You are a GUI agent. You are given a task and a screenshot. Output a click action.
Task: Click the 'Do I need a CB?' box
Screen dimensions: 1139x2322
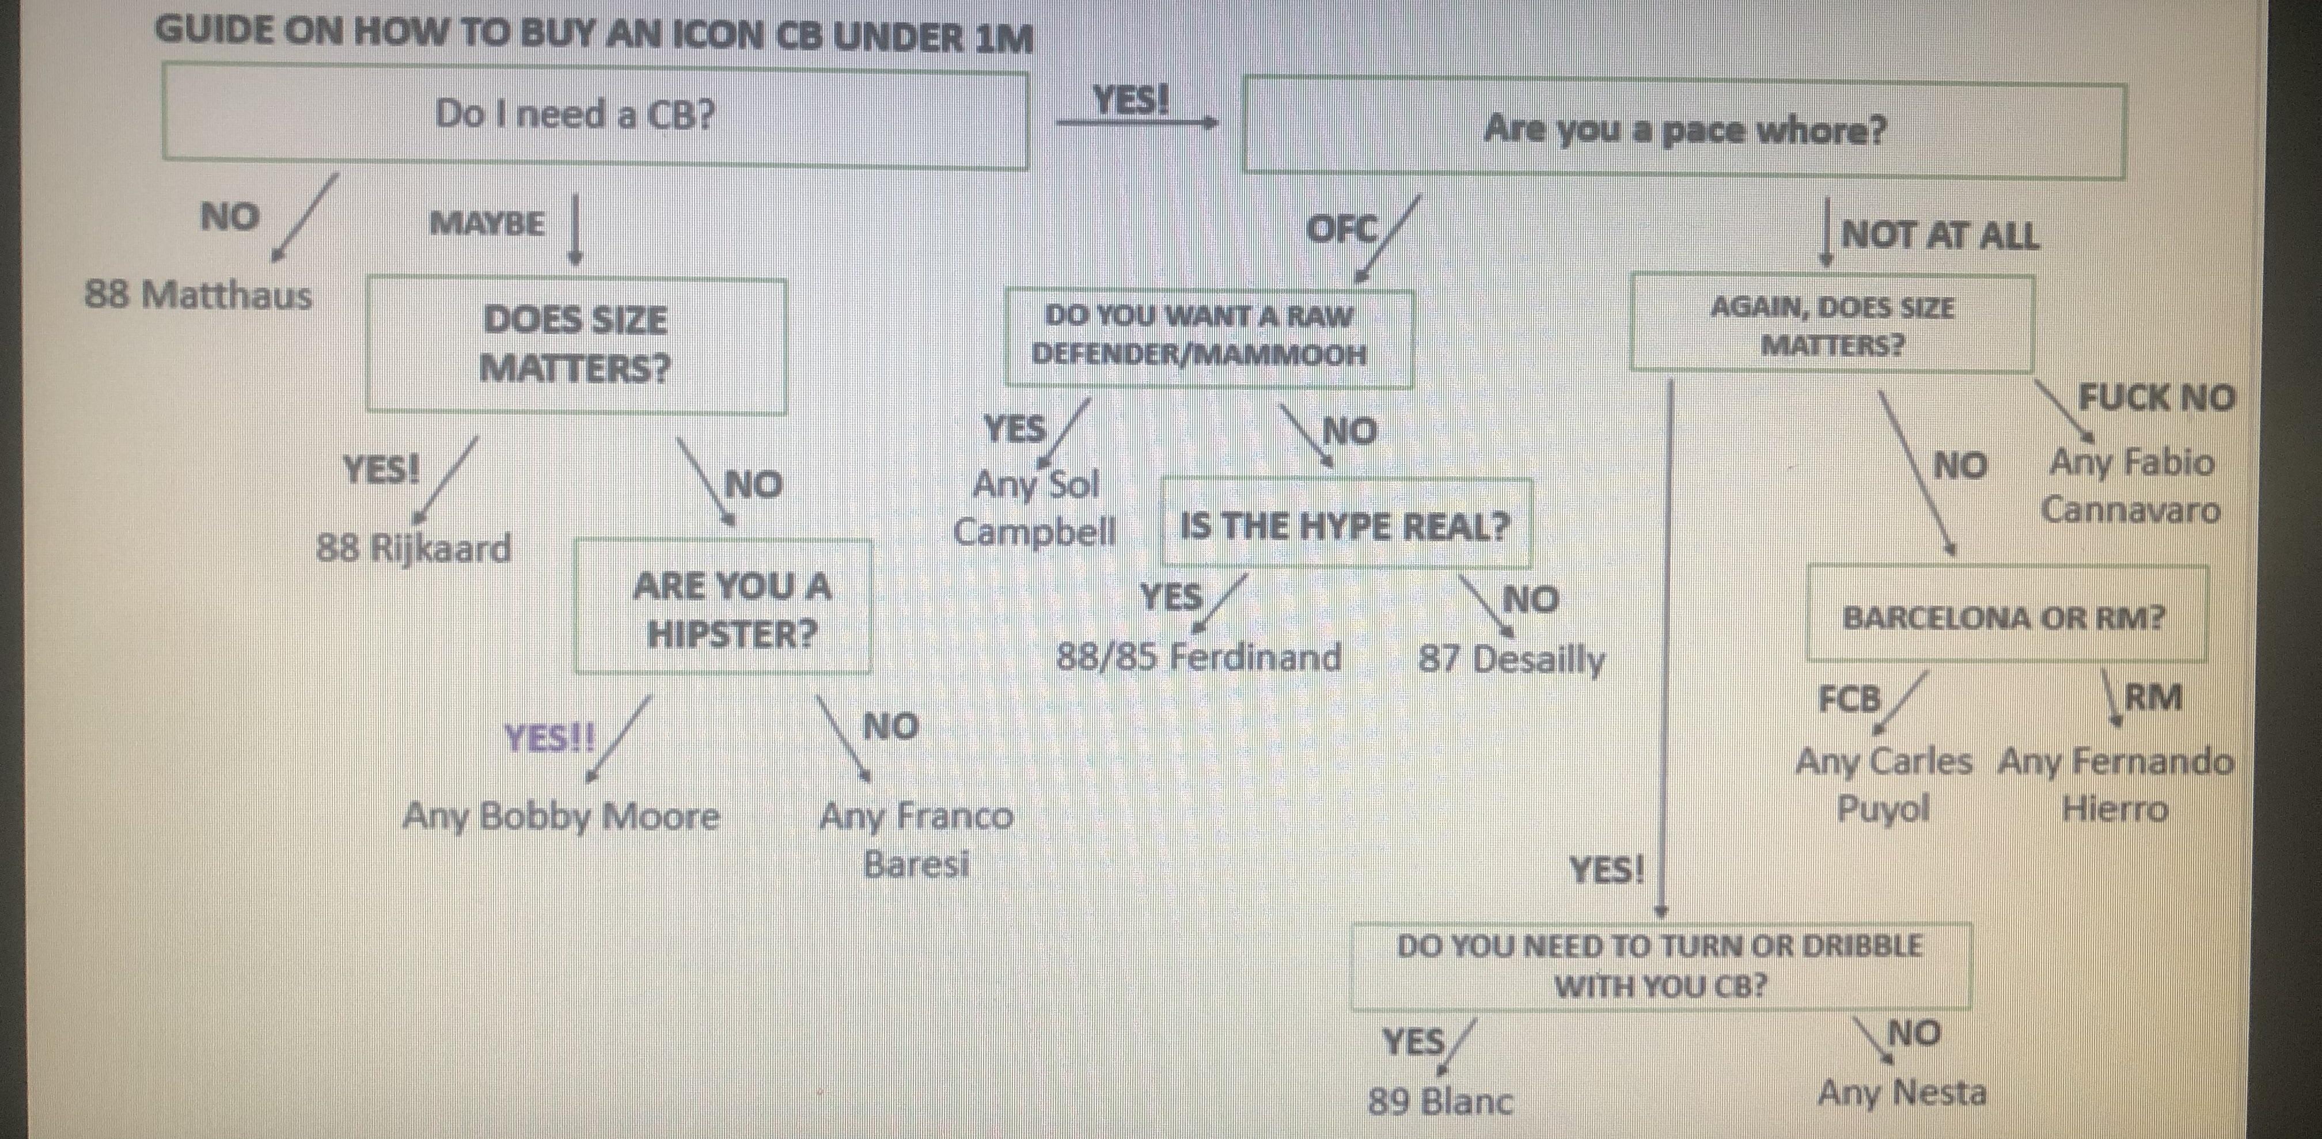pos(595,115)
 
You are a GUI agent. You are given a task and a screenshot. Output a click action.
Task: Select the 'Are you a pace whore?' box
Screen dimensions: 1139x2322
pos(1684,130)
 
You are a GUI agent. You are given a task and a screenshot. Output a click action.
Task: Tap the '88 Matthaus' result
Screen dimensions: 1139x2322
pos(198,295)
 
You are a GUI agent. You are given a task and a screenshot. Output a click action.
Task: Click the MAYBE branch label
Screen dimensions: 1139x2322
pos(487,223)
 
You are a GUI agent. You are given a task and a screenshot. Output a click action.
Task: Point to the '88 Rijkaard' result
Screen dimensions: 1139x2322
pos(413,548)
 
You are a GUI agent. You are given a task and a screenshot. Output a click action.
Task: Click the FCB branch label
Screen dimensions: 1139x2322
pos(1850,699)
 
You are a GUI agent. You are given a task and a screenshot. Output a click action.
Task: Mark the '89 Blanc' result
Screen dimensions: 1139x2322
pos(1440,1101)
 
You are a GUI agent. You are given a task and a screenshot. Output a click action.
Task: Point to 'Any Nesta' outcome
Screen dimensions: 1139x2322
pos(1902,1093)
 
